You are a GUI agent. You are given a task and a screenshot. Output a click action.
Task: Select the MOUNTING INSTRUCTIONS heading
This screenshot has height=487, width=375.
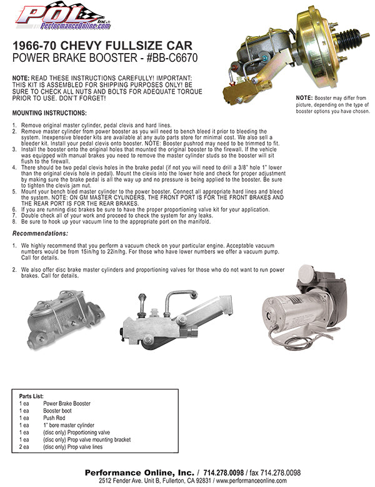tap(49, 113)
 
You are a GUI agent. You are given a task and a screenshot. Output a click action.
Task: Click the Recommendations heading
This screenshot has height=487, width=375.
tap(42, 233)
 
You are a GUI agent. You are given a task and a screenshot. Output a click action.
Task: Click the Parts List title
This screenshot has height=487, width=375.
tap(32, 396)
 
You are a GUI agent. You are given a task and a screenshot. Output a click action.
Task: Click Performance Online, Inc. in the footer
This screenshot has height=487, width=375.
tap(139, 473)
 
